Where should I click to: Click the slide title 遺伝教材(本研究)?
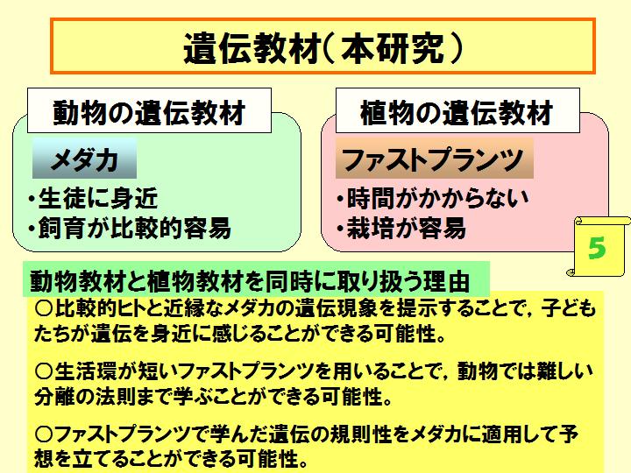tap(323, 48)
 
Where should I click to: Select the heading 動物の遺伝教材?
tap(149, 112)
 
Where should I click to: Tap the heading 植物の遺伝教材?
tap(457, 112)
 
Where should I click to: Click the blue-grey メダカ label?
tap(84, 159)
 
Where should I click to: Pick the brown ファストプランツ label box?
tap(434, 159)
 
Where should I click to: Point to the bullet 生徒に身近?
tap(93, 198)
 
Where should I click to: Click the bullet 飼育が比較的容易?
tap(130, 228)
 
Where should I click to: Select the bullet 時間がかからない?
tap(433, 198)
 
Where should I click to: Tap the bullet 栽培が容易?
tap(401, 228)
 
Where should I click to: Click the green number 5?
tap(597, 247)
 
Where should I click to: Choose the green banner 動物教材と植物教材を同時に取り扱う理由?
tap(256, 279)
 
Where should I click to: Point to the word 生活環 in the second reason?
tap(84, 371)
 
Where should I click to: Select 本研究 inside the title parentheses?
tap(393, 48)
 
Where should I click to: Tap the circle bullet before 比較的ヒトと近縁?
tap(44, 309)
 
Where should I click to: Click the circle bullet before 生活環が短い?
tap(44, 371)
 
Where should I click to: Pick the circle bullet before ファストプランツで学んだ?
tap(44, 434)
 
